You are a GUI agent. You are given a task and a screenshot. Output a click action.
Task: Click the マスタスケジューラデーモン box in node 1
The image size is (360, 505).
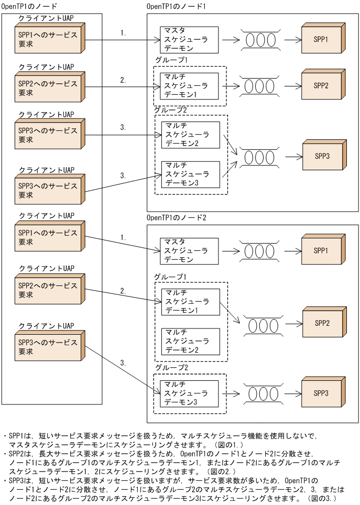coord(189,39)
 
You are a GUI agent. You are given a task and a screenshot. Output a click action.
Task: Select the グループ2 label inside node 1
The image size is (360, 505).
coord(171,110)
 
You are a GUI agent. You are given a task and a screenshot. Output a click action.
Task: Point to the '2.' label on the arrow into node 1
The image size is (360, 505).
coord(123,80)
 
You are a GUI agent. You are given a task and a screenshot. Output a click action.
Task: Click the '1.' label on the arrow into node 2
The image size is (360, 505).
coord(123,237)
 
